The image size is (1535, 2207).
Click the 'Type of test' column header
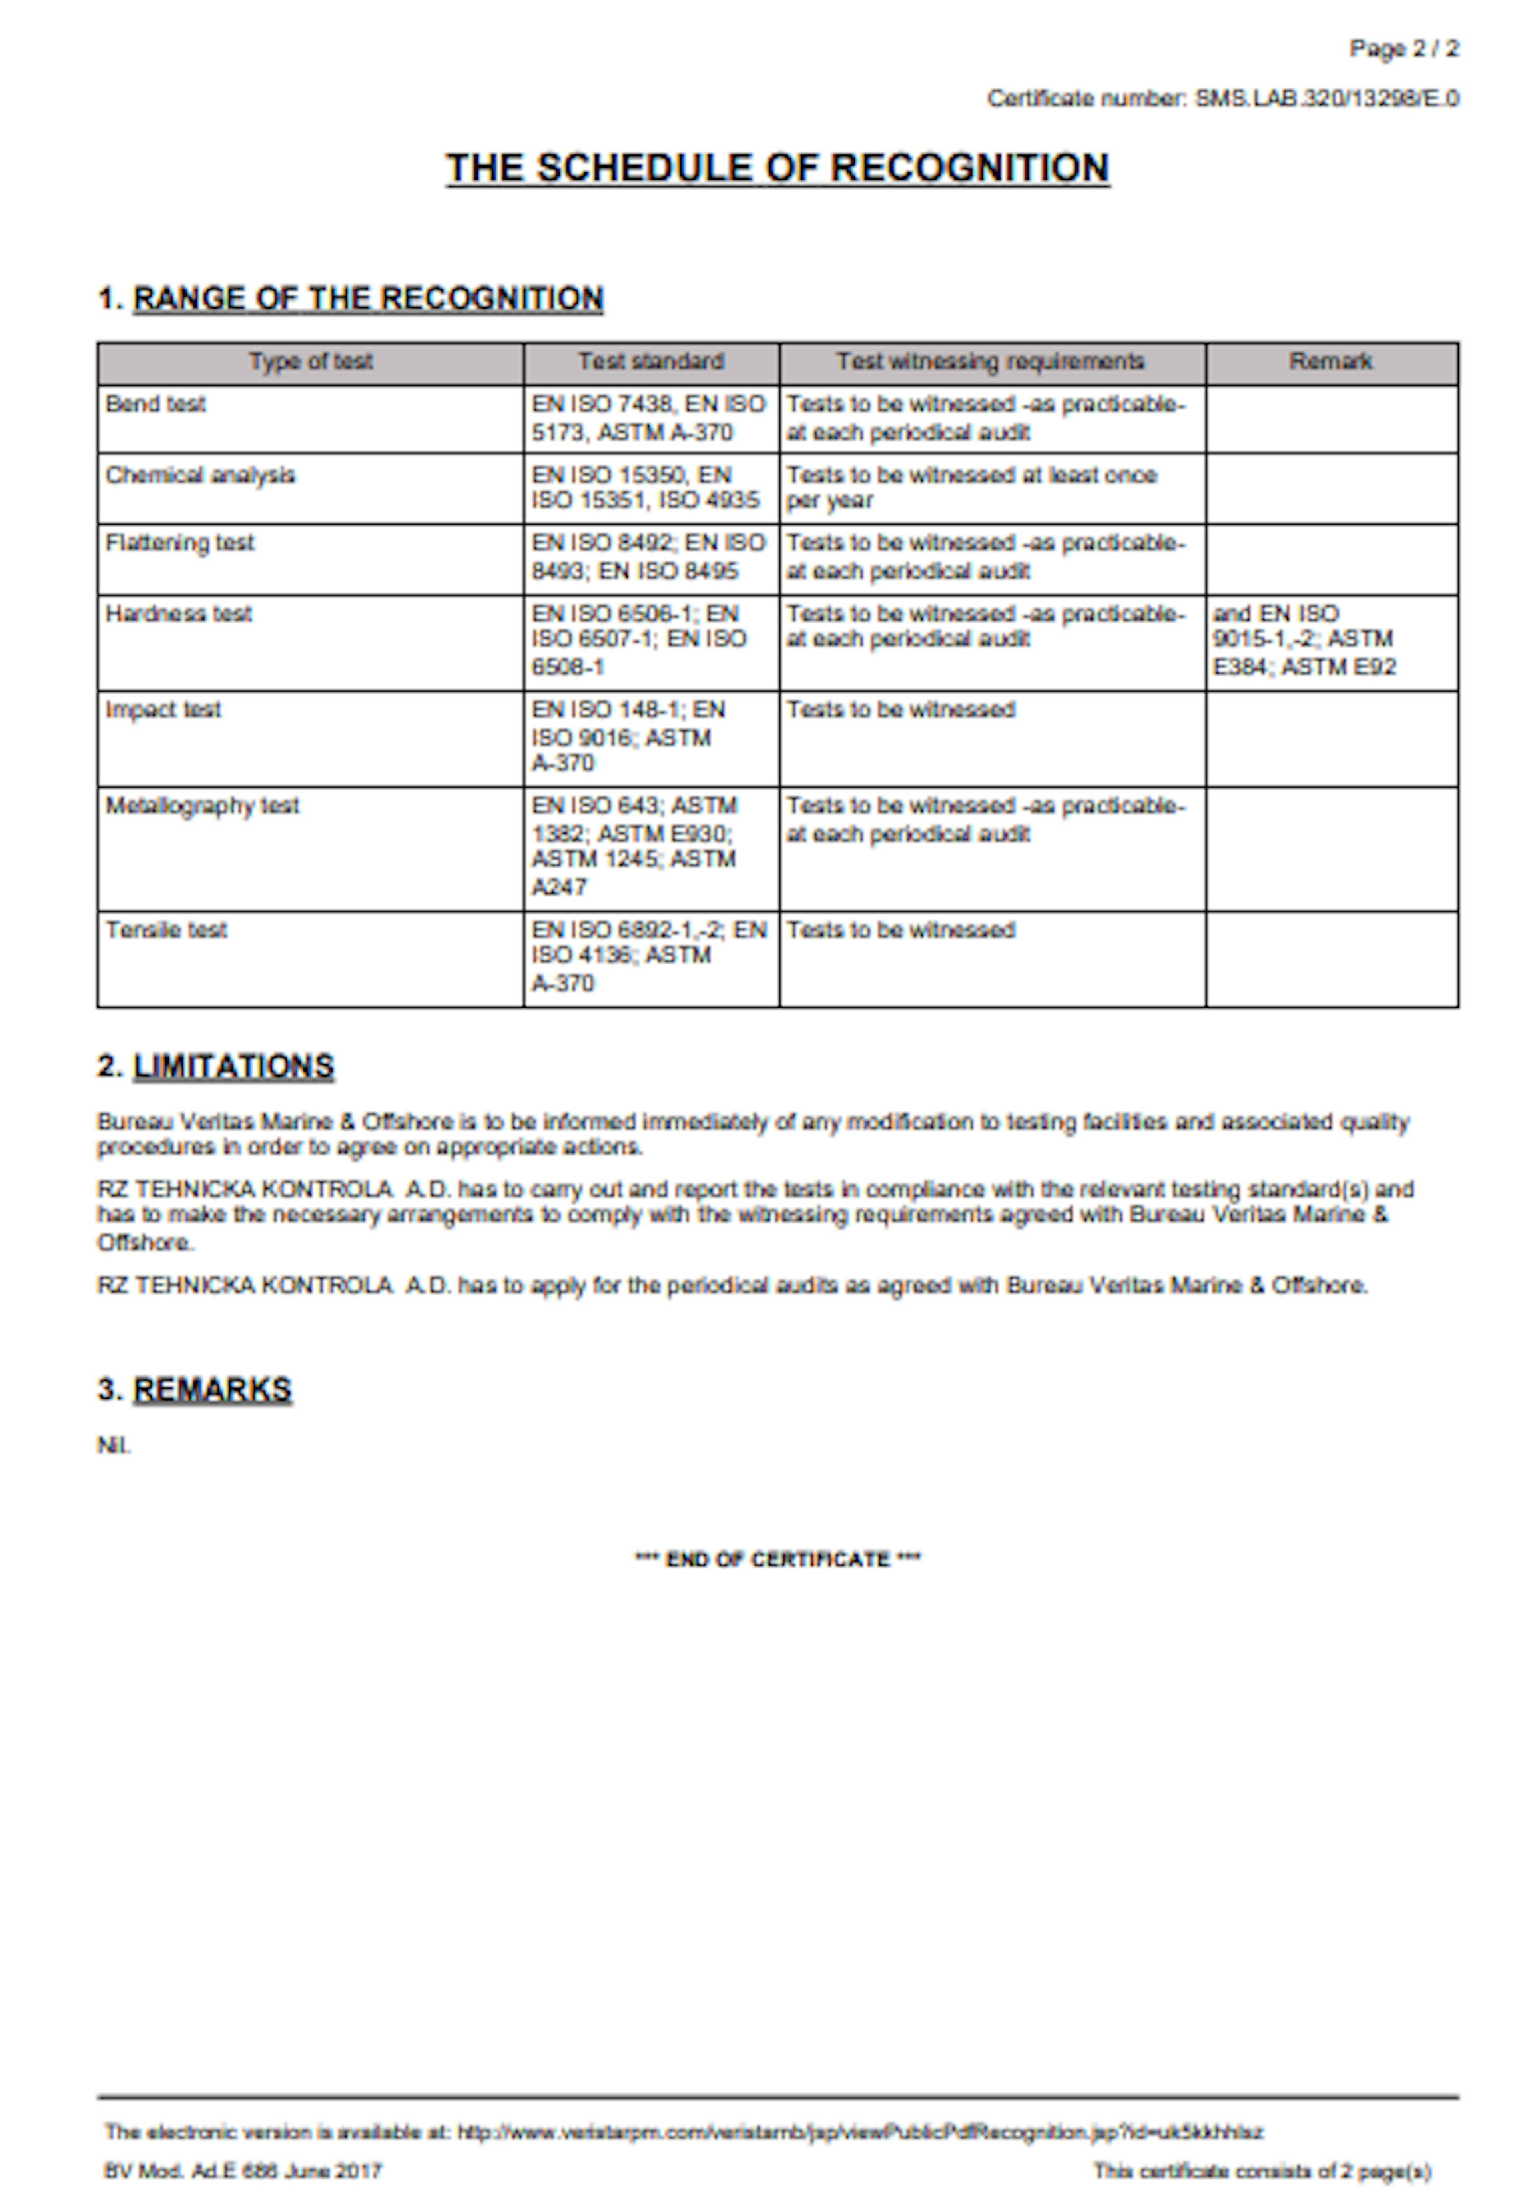(x=311, y=361)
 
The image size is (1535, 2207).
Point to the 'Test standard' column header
(x=651, y=361)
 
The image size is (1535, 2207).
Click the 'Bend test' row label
(x=156, y=404)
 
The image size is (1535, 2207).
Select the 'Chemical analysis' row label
(x=200, y=475)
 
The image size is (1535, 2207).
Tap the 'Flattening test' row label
(x=180, y=542)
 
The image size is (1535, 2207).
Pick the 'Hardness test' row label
(x=179, y=613)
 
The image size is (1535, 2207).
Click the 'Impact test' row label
(x=163, y=709)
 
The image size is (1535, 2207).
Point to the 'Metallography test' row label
(x=202, y=806)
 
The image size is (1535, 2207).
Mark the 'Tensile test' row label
(x=166, y=930)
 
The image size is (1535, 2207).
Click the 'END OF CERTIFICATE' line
(x=777, y=1559)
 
